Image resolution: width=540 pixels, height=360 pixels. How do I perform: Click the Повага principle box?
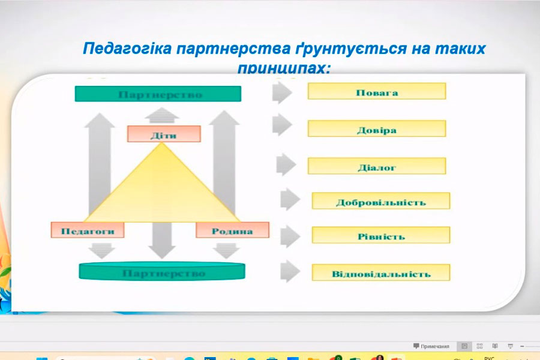pyautogui.click(x=376, y=91)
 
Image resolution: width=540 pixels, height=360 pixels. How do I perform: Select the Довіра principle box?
pyautogui.click(x=376, y=129)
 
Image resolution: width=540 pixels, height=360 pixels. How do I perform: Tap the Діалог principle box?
pyautogui.click(x=376, y=166)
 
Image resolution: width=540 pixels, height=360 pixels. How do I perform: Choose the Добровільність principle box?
pyautogui.click(x=380, y=201)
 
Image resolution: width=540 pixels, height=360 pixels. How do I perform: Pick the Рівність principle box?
pyautogui.click(x=380, y=235)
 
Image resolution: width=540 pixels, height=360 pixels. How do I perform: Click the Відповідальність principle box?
pyautogui.click(x=380, y=273)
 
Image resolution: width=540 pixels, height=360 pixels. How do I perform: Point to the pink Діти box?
pyautogui.click(x=163, y=134)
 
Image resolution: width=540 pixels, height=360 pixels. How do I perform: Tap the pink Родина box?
pyautogui.click(x=232, y=230)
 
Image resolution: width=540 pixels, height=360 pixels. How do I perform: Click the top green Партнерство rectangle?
pyautogui.click(x=158, y=94)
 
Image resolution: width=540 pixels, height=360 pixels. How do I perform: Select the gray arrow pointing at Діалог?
pyautogui.click(x=286, y=164)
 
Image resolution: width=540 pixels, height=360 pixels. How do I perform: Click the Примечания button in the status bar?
pyautogui.click(x=431, y=346)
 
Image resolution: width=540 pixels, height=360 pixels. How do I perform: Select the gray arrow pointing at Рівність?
pyautogui.click(x=289, y=234)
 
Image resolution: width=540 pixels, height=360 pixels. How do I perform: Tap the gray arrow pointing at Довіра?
pyautogui.click(x=281, y=125)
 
